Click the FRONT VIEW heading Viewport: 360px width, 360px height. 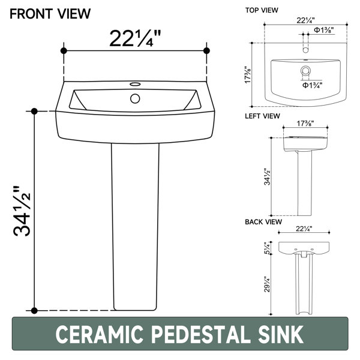pyautogui.click(x=50, y=14)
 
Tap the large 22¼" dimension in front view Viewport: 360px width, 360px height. pyautogui.click(x=135, y=38)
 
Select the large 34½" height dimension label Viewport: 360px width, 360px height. pyautogui.click(x=22, y=211)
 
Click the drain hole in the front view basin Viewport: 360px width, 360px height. pyautogui.click(x=135, y=98)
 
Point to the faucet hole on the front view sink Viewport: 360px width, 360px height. pyautogui.click(x=135, y=84)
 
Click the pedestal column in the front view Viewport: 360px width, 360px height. pyautogui.click(x=135, y=227)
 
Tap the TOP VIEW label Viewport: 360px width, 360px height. pyautogui.click(x=262, y=10)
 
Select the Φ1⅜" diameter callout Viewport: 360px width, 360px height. pyautogui.click(x=324, y=30)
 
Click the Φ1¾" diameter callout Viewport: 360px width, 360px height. pyautogui.click(x=312, y=85)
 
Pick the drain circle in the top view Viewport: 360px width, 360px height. pyautogui.click(x=305, y=70)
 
